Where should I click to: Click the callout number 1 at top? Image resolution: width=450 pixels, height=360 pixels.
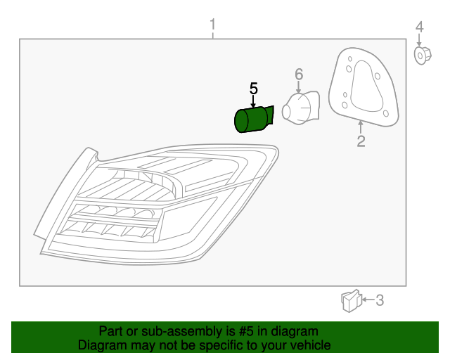(x=212, y=27)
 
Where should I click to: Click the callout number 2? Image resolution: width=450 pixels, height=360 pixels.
(x=361, y=142)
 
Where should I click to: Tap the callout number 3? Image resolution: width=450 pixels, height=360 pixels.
(x=380, y=301)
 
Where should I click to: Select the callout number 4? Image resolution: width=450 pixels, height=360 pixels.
(x=419, y=27)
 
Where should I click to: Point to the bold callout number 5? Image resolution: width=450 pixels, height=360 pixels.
(x=254, y=89)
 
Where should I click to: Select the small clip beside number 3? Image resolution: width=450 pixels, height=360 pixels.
(x=350, y=301)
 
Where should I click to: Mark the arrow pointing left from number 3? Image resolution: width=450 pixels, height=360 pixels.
(x=366, y=301)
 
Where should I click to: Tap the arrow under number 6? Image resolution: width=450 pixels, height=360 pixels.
(x=298, y=87)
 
